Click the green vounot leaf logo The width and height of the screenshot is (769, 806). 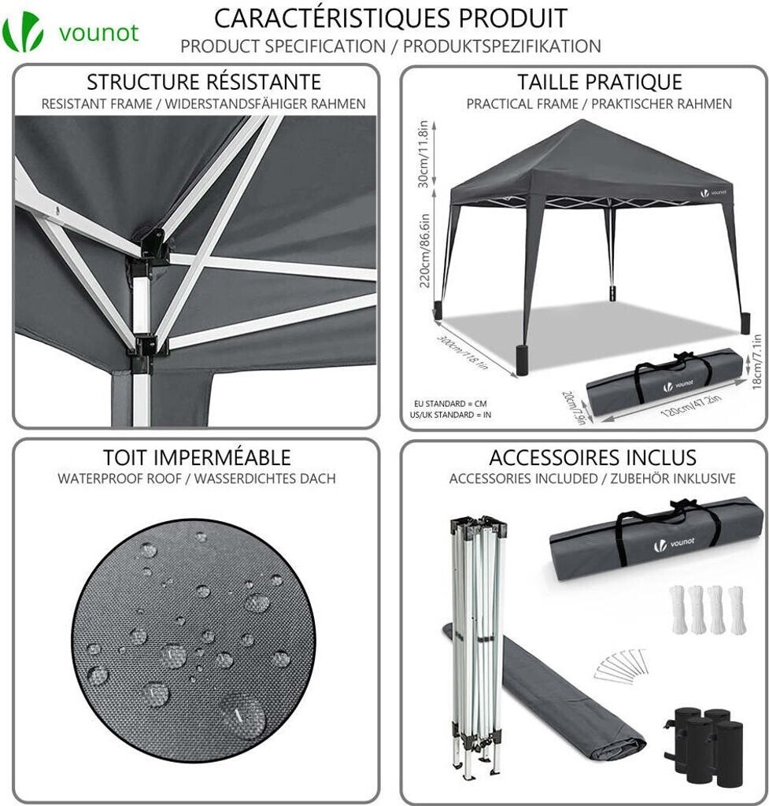click(x=23, y=32)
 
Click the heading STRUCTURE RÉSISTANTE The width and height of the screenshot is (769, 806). click(x=204, y=82)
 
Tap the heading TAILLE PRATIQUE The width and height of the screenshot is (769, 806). click(x=599, y=82)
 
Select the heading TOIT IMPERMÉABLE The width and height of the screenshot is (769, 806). click(x=197, y=457)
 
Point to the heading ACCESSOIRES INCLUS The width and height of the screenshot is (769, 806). click(x=593, y=457)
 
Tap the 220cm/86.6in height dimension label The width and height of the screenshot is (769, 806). click(x=424, y=251)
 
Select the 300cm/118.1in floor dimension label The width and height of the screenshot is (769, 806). click(x=462, y=352)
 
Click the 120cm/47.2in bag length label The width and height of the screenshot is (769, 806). click(x=691, y=405)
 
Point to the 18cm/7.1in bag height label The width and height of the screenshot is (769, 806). click(x=756, y=362)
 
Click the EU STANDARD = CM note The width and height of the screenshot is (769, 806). click(x=450, y=404)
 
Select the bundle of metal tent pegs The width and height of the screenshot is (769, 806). click(x=620, y=664)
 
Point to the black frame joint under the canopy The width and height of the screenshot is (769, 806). click(x=153, y=246)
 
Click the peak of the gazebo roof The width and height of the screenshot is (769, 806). click(x=582, y=120)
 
